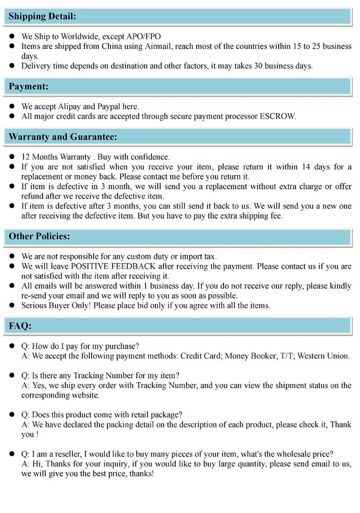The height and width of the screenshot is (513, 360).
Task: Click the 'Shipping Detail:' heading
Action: click(42, 16)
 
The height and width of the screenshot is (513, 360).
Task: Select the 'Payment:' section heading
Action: click(28, 86)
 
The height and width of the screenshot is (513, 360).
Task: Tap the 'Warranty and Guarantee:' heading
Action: click(63, 137)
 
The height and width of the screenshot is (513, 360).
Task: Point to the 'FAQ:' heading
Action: click(20, 326)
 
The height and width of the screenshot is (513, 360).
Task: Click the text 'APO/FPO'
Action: click(144, 37)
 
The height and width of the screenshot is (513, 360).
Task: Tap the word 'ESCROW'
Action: click(278, 116)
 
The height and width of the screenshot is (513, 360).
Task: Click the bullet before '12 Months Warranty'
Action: click(12, 157)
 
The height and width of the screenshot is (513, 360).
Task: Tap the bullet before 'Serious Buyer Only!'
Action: click(12, 305)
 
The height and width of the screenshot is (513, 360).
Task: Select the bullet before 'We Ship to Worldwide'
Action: click(12, 37)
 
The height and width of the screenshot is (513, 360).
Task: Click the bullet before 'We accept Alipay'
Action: click(12, 107)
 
